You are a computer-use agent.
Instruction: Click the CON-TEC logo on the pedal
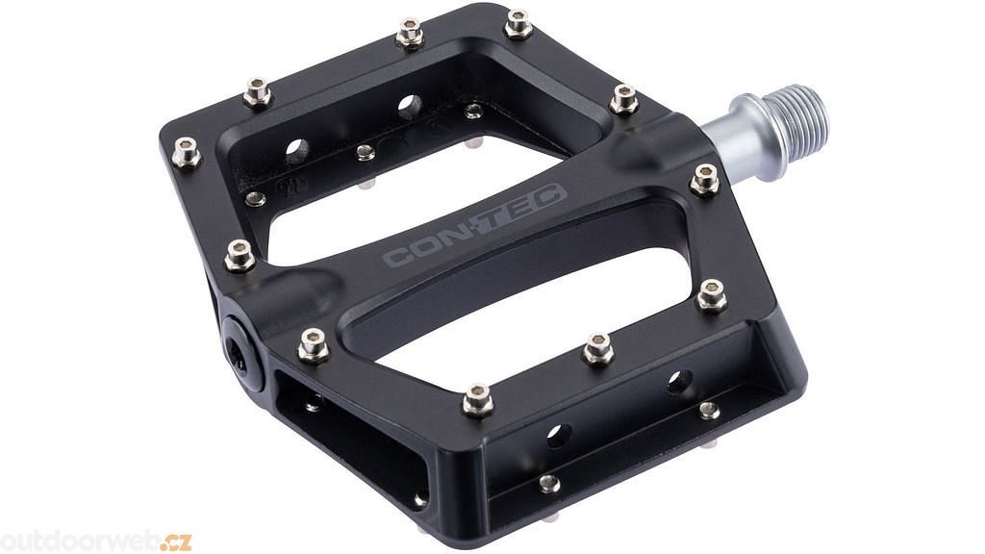pyautogui.click(x=475, y=225)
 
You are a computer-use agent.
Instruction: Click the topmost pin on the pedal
pyautogui.click(x=518, y=24)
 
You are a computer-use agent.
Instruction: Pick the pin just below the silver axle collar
pyautogui.click(x=705, y=180)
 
